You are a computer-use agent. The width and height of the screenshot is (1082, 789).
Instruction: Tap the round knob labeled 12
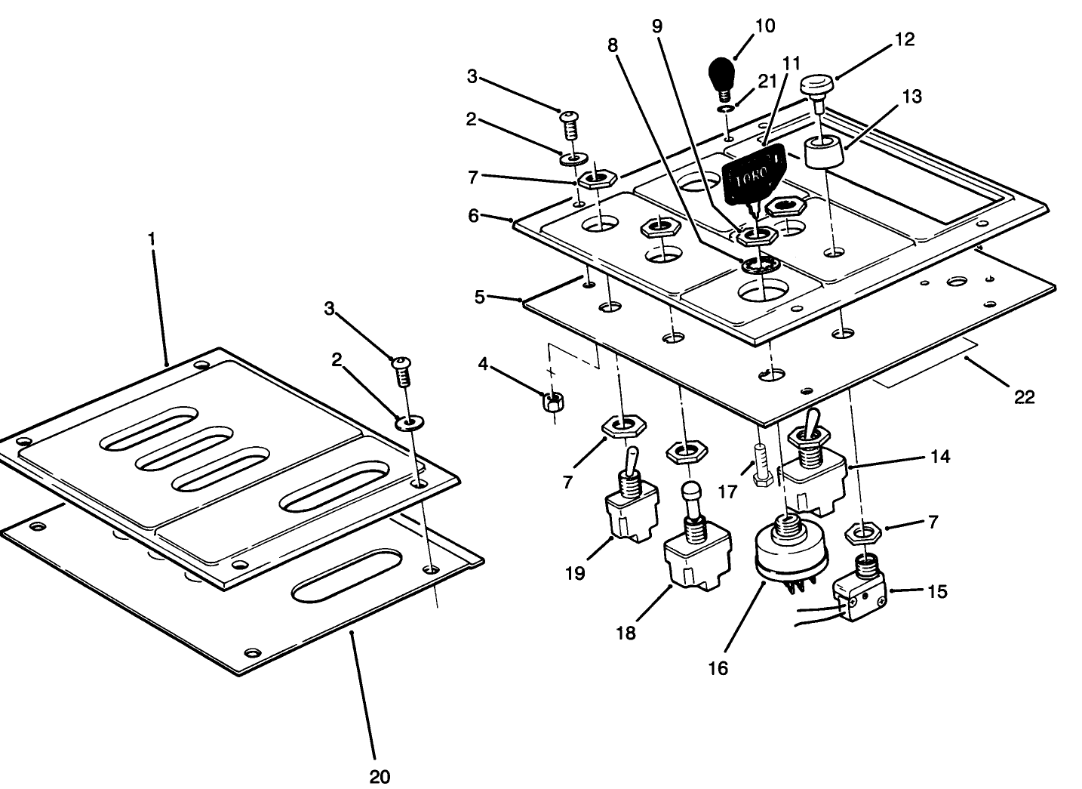click(x=818, y=85)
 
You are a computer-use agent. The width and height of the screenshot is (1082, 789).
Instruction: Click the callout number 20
click(x=380, y=775)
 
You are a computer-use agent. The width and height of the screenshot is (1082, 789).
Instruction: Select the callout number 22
click(x=1024, y=396)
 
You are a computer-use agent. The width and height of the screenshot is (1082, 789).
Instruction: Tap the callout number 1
click(x=152, y=239)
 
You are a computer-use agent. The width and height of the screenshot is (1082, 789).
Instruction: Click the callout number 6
click(x=473, y=215)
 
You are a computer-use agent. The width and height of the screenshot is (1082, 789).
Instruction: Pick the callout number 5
click(x=480, y=297)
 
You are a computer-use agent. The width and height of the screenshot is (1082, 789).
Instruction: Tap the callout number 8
click(x=613, y=45)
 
